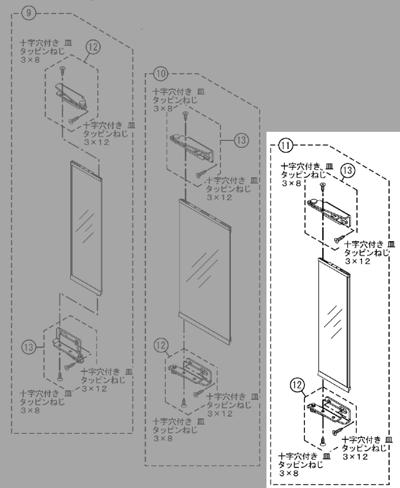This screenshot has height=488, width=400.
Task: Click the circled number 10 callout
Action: (x=161, y=74)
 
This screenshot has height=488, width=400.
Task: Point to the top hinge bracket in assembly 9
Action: (x=72, y=91)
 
